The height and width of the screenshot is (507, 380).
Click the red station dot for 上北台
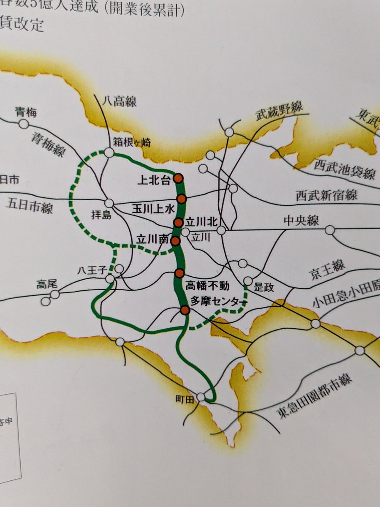pos(179,178)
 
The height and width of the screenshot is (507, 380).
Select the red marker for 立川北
pos(178,223)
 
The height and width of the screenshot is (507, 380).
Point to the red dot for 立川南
pos(175,241)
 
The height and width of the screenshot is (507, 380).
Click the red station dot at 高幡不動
pos(179,273)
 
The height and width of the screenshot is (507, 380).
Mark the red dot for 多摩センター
pos(185,311)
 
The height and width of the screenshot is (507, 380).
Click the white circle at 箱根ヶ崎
pos(109,153)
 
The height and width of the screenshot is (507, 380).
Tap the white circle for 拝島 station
pos(109,203)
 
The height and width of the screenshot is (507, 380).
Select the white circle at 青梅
pos(24,124)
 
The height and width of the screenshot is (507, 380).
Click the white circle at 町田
pos(201,397)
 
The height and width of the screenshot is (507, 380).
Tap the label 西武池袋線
pos(344,169)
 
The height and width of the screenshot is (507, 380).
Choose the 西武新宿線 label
pos(326,195)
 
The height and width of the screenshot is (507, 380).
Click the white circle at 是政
pos(248,281)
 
